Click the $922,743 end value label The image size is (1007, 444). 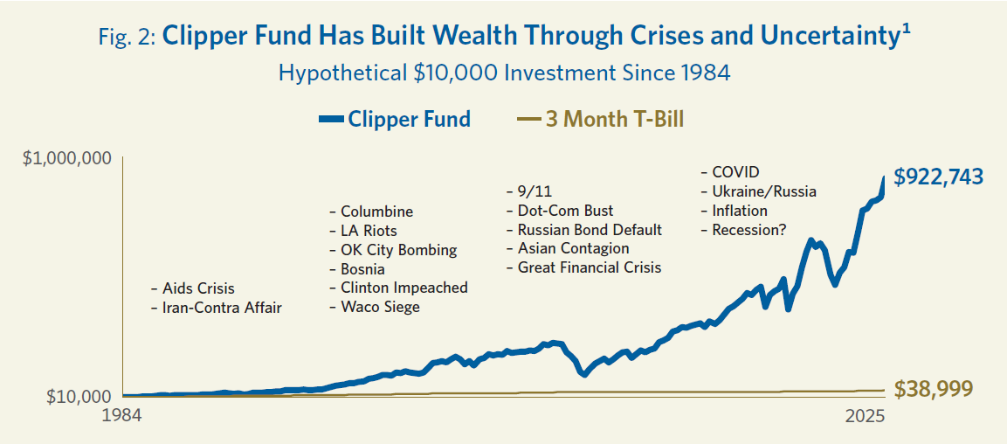pos(938,176)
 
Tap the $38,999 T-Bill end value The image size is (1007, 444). pos(933,390)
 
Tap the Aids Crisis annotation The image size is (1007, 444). pos(198,288)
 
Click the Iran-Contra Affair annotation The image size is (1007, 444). pos(222,308)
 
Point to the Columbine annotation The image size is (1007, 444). pos(376,212)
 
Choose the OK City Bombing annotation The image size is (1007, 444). pos(398,250)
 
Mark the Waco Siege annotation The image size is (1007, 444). pos(380,307)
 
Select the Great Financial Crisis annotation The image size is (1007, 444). pos(589,267)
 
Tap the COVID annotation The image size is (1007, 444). pos(735,172)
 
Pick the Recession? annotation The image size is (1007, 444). pos(748,230)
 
